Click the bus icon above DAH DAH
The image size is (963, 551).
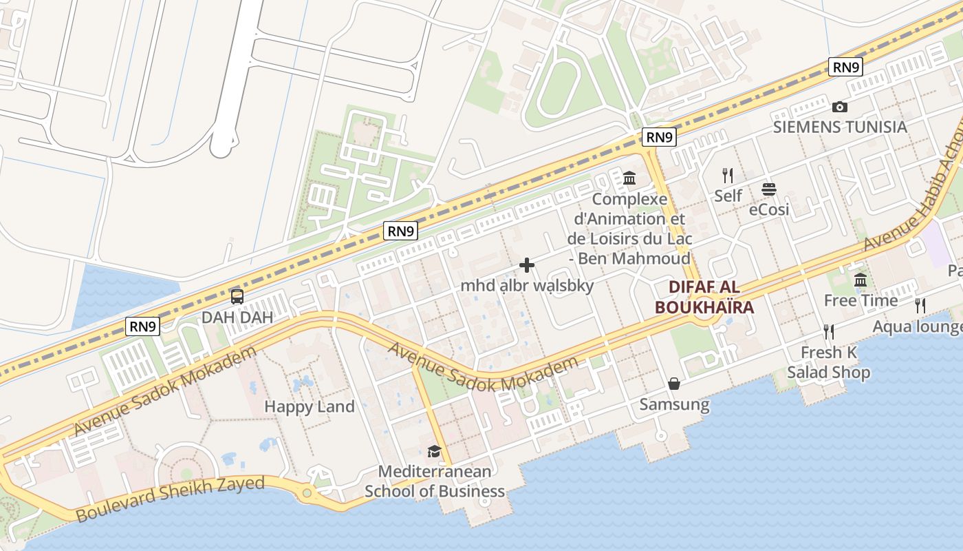(237, 297)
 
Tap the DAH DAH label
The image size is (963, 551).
(237, 318)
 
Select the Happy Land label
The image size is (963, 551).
(310, 406)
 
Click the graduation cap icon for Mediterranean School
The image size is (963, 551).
(434, 452)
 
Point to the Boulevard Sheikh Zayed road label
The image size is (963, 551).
(170, 498)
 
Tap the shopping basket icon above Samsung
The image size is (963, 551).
(674, 384)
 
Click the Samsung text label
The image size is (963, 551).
(674, 404)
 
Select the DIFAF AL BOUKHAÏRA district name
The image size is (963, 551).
(704, 298)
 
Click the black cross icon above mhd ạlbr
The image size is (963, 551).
(527, 265)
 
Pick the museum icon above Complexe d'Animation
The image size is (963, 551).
(629, 179)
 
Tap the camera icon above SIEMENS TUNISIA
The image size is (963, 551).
(840, 107)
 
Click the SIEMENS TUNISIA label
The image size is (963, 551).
(840, 127)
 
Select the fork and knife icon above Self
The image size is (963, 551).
(728, 176)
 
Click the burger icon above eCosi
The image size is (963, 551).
(769, 189)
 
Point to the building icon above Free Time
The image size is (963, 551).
(861, 280)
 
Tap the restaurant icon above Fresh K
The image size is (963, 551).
(829, 332)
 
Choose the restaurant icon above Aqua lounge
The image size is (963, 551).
(920, 305)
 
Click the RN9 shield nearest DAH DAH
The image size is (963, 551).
(142, 326)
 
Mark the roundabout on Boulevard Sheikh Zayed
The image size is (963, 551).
(307, 493)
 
